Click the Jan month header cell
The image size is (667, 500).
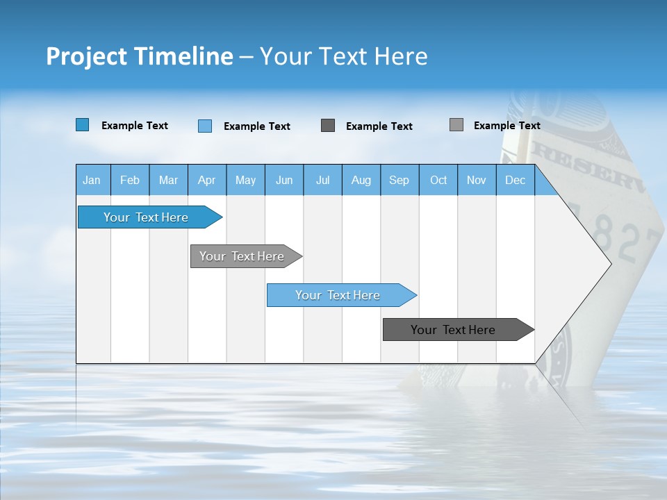92,180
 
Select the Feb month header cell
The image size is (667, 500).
130,180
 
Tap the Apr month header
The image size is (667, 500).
207,180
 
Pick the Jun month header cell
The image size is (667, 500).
284,180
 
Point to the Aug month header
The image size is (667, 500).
361,180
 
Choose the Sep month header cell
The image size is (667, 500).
400,180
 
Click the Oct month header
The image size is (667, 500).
438,180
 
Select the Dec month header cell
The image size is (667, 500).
516,180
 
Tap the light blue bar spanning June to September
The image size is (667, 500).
339,295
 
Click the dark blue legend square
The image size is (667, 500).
83,125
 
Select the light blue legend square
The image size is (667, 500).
205,126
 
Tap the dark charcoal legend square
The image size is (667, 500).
328,126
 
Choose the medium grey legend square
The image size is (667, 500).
456,125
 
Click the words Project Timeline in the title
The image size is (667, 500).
139,56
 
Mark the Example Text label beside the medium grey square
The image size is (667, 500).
507,126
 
